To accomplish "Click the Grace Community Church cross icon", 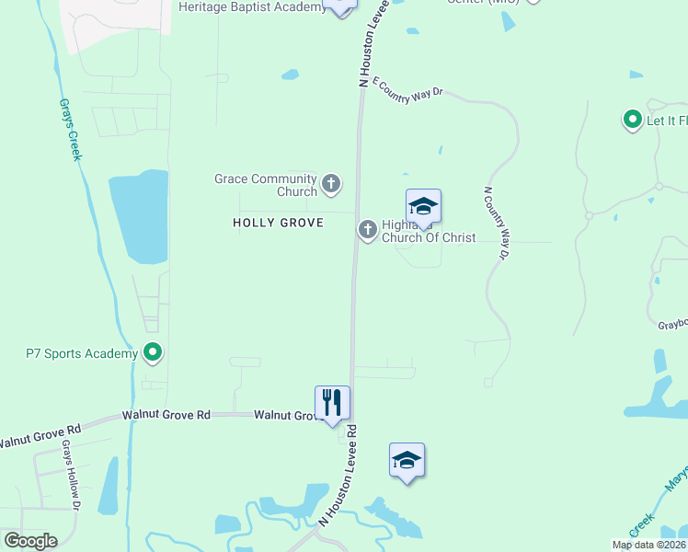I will pyautogui.click(x=331, y=185).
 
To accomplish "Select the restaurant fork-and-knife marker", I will pyautogui.click(x=332, y=403).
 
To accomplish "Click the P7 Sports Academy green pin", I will pyautogui.click(x=154, y=352).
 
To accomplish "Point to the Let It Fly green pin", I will pyautogui.click(x=632, y=120).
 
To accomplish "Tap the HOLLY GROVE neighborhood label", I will pyautogui.click(x=278, y=223).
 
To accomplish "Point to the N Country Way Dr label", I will pyautogui.click(x=496, y=224).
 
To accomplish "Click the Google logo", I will pyautogui.click(x=30, y=541).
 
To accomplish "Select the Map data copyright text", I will pyautogui.click(x=648, y=545).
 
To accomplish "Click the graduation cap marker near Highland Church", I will pyautogui.click(x=423, y=206).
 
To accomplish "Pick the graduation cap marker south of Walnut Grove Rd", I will pyautogui.click(x=407, y=460).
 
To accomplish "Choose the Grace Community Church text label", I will pyautogui.click(x=266, y=185).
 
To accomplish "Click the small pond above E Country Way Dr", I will pyautogui.click(x=290, y=75).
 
